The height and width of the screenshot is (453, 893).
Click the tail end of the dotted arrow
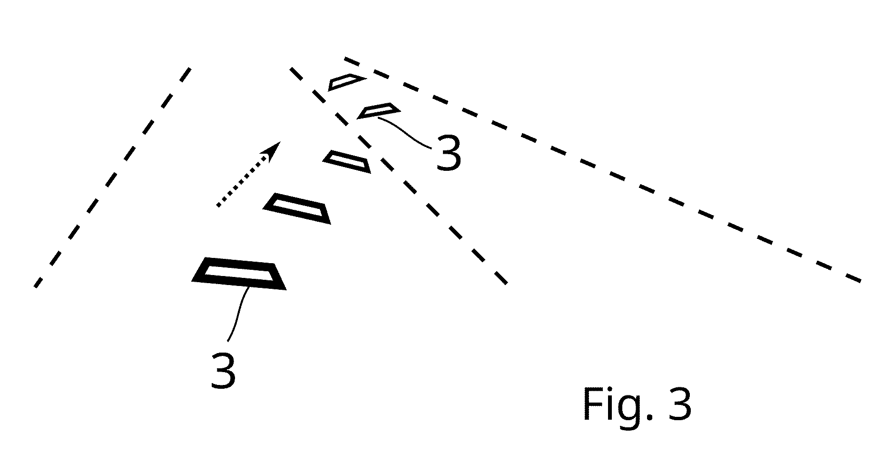pos(217,206)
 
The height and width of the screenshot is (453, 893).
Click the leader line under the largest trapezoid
pos(238,314)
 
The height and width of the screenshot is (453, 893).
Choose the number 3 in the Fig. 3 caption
pos(679,403)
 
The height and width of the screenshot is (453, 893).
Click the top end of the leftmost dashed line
pos(190,68)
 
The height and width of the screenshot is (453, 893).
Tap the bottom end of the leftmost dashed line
pos(35,286)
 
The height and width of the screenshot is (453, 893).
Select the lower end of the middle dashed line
pos(506,284)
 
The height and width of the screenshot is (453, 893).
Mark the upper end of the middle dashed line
pos(290,69)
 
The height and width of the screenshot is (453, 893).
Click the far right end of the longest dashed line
pos(861,282)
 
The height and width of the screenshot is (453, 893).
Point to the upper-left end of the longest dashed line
pos(344,59)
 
